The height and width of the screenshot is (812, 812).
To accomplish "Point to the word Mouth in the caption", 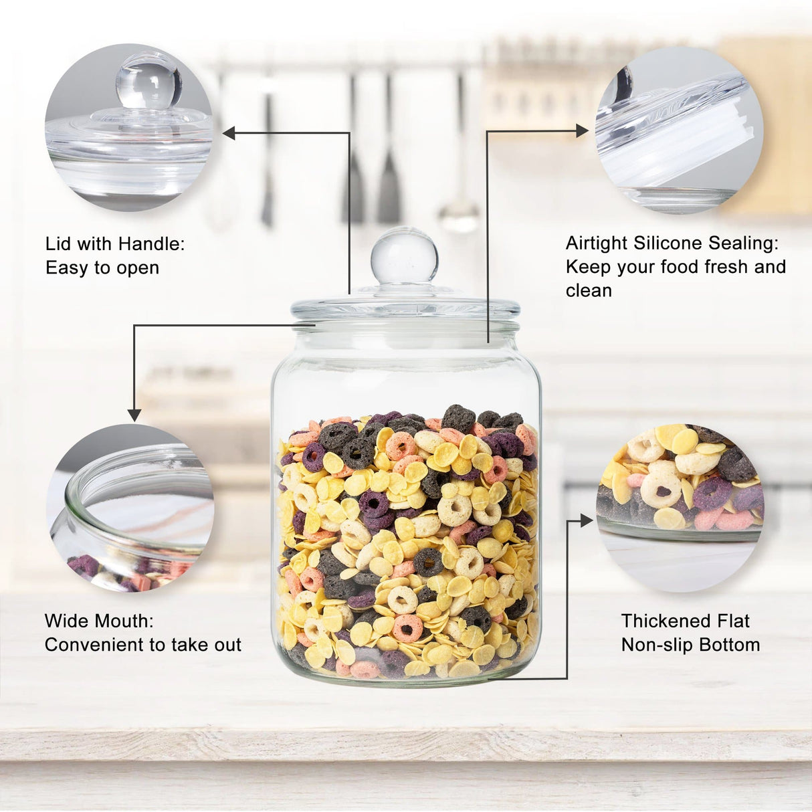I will click(124, 621).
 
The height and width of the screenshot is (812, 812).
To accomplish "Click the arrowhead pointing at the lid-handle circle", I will click(229, 134).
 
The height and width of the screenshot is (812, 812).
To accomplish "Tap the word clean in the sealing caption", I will click(589, 291).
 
